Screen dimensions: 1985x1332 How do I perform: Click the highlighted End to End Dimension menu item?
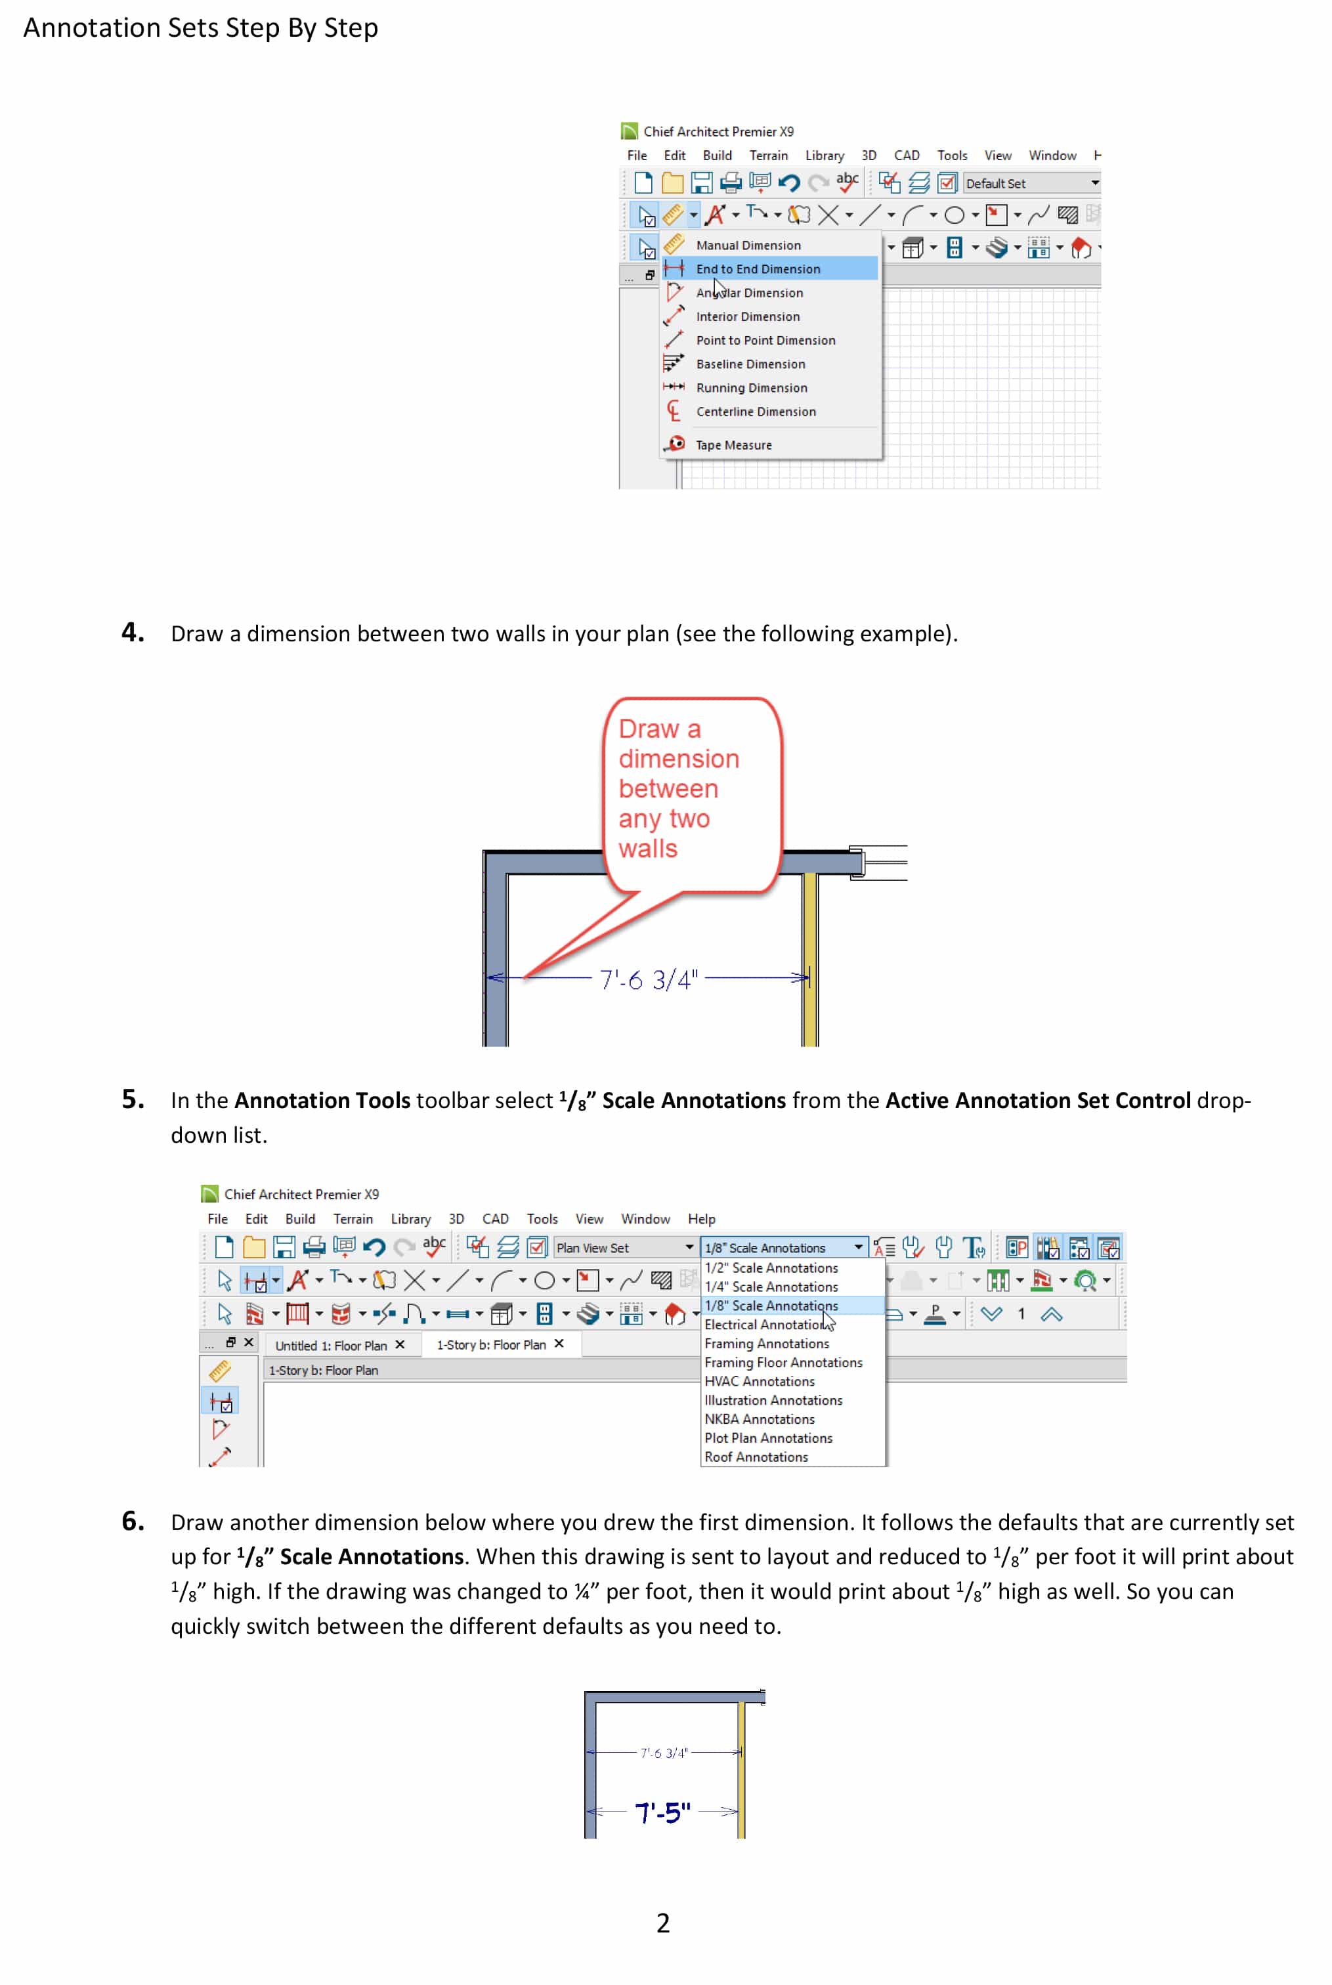pos(758,269)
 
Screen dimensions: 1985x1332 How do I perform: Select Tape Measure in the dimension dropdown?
pos(733,445)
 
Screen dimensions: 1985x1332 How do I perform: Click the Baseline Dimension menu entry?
pos(750,364)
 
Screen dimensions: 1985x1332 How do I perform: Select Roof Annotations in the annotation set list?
pos(756,1457)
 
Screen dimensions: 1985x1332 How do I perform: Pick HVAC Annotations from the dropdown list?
pos(760,1381)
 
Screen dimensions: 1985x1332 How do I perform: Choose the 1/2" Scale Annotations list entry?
pos(771,1268)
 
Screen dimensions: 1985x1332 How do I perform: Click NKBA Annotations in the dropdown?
pos(760,1419)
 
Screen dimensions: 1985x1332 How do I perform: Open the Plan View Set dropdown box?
pos(624,1248)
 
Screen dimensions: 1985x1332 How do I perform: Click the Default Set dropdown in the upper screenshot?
pos(1031,183)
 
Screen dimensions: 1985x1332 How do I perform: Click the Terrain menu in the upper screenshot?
pos(768,156)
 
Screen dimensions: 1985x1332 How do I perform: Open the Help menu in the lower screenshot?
pos(701,1219)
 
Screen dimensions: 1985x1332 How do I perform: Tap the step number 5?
pos(133,1099)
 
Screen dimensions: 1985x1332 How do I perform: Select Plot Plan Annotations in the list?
pos(768,1438)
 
